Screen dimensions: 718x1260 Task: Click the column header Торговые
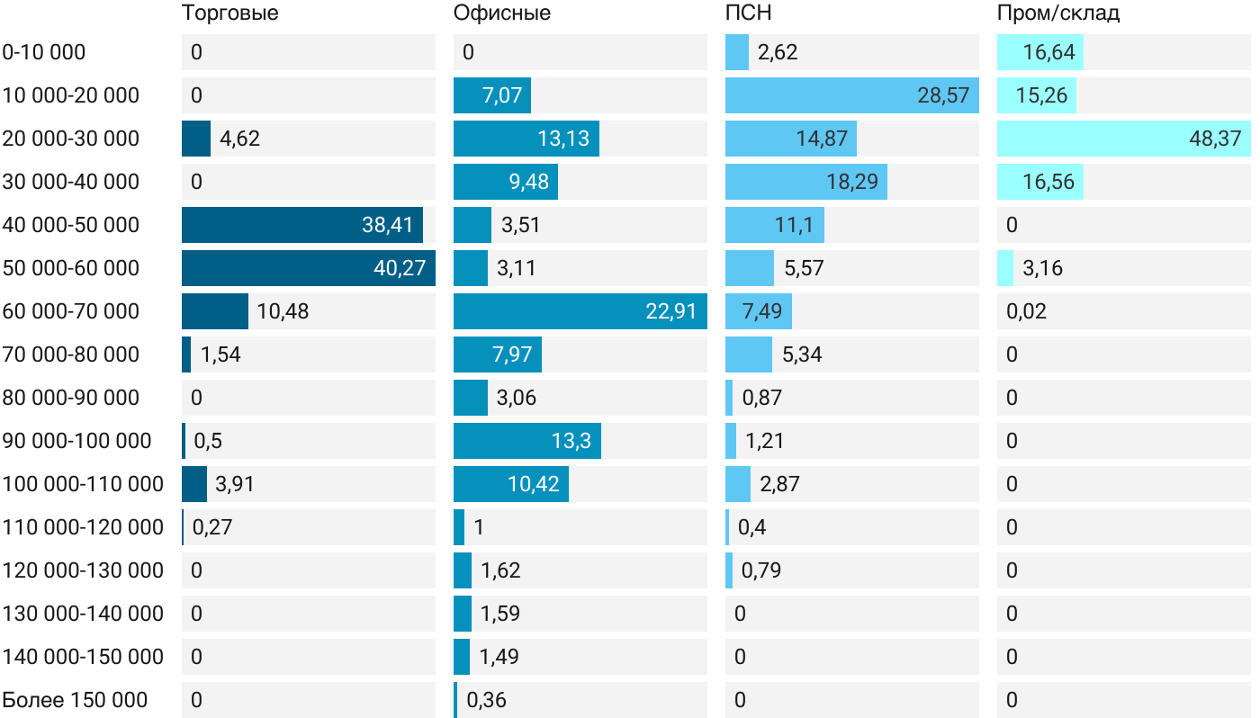point(229,13)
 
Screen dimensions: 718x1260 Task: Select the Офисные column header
point(502,13)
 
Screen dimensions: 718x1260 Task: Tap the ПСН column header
point(749,13)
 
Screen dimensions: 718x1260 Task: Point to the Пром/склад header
point(1058,13)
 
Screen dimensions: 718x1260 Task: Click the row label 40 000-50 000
point(71,225)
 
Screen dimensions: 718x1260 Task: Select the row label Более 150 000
point(75,700)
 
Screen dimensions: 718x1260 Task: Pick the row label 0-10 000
point(44,52)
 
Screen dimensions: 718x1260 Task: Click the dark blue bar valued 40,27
point(308,268)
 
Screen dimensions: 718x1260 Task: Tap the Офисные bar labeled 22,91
point(580,311)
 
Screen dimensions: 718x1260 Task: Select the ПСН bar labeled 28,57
point(851,95)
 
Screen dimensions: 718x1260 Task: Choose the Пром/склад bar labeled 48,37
point(1123,139)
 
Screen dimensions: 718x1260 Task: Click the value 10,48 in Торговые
point(283,311)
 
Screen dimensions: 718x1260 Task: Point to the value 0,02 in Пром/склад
point(1027,311)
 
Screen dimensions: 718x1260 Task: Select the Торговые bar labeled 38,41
point(301,225)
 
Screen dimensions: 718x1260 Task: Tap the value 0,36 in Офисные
point(492,700)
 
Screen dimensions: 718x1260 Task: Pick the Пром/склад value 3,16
point(1042,268)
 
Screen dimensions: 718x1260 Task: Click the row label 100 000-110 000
point(83,484)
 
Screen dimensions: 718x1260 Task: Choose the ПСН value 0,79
point(760,570)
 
